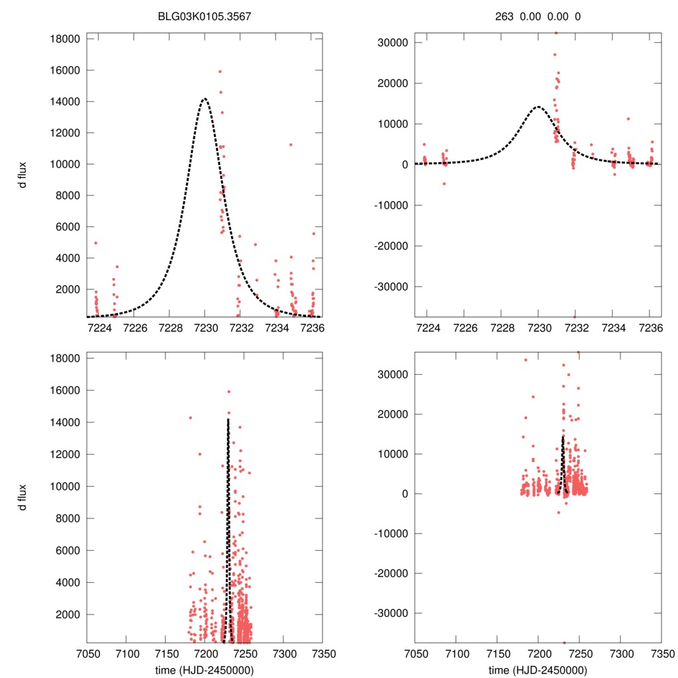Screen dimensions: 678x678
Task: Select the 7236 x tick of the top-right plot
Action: pyautogui.click(x=652, y=328)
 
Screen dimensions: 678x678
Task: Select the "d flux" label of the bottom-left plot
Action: pyautogui.click(x=23, y=498)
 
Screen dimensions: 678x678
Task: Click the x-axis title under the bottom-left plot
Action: pyautogui.click(x=204, y=669)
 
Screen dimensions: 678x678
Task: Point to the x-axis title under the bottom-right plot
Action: pyautogui.click(x=538, y=669)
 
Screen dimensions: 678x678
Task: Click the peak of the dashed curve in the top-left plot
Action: pyautogui.click(x=205, y=99)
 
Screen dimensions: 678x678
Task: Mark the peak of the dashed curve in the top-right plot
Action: pyautogui.click(x=539, y=107)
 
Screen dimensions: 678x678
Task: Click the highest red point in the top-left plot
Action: pyautogui.click(x=220, y=72)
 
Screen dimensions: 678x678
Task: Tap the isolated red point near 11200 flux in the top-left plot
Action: pyautogui.click(x=291, y=144)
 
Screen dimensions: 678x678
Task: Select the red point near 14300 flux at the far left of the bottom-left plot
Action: pyautogui.click(x=191, y=418)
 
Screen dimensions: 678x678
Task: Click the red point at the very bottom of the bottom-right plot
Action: pyautogui.click(x=564, y=642)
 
